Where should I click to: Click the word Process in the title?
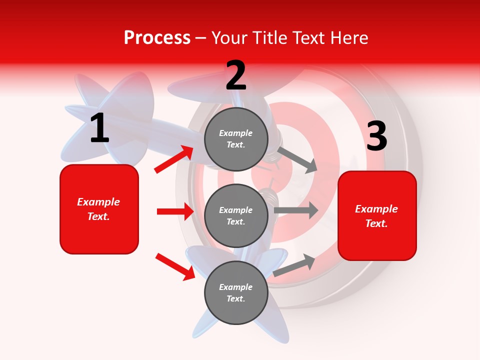point(157,38)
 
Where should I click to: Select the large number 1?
point(99,128)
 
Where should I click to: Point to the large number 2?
point(236,75)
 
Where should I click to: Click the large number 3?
point(376,136)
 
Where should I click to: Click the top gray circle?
point(236,139)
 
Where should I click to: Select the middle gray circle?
point(236,216)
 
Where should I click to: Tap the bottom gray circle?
point(236,293)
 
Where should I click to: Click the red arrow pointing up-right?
point(174,159)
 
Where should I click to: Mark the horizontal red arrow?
point(175,211)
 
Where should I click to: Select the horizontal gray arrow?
point(296,210)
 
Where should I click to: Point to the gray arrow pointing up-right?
point(294,265)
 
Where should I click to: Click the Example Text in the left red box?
point(98,209)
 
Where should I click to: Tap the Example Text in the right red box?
point(376,216)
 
